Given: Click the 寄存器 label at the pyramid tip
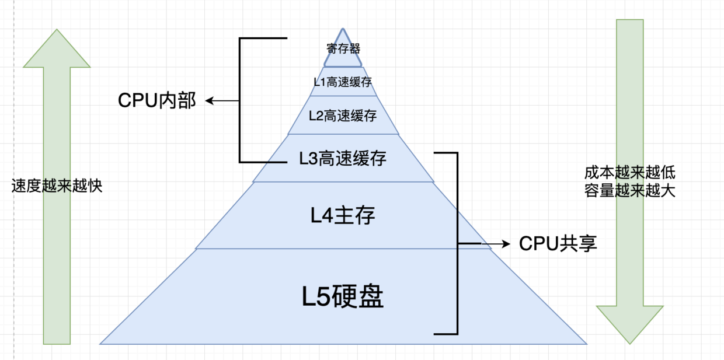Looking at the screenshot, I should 343,47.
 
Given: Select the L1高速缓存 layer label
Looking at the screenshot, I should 343,82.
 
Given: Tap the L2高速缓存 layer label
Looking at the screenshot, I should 343,116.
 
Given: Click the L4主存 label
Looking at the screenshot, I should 343,215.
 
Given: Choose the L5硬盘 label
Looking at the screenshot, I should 343,298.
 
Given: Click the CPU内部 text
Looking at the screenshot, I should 157,101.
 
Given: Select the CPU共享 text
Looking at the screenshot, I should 558,243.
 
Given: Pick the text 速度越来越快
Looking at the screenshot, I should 57,186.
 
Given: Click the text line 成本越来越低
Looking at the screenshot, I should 630,173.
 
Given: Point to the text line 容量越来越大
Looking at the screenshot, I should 630,191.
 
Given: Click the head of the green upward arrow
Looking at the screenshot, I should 57,47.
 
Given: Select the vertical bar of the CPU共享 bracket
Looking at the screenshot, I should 457,243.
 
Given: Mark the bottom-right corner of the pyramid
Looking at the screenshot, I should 586,343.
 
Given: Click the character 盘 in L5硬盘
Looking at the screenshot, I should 370,298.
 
